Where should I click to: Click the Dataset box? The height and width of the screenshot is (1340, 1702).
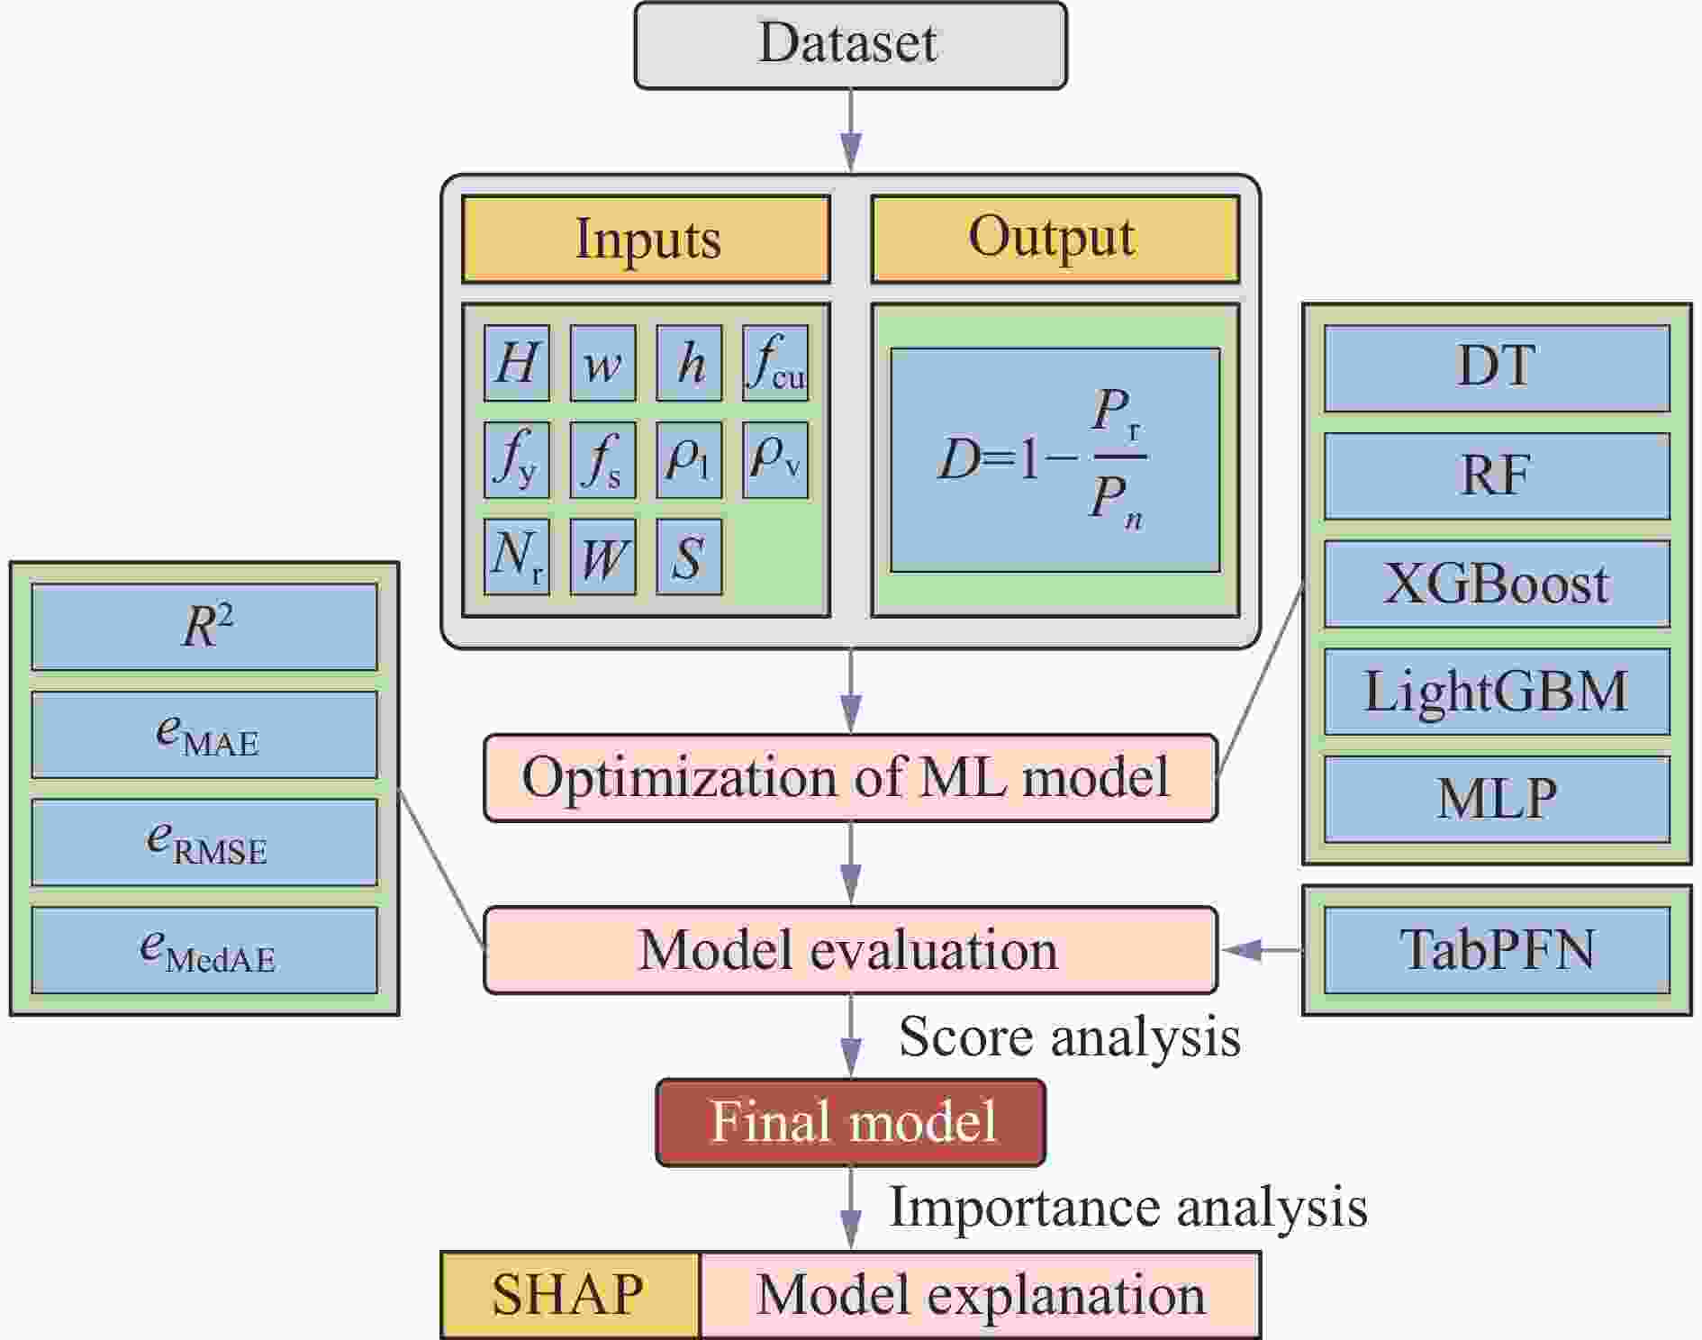[x=850, y=45]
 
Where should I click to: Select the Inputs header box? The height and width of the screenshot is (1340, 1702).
[x=646, y=240]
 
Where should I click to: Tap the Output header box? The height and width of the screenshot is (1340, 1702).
[x=1055, y=240]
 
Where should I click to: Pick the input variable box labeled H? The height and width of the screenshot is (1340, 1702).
[x=516, y=363]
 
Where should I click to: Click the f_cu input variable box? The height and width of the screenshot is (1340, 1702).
[x=775, y=363]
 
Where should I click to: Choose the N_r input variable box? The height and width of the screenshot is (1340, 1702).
[x=516, y=557]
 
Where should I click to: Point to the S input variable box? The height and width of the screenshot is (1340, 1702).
[x=689, y=557]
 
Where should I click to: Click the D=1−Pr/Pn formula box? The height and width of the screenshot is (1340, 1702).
[x=1055, y=459]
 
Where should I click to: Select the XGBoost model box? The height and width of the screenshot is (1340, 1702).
[x=1497, y=584]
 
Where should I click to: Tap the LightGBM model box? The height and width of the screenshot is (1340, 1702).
[x=1497, y=692]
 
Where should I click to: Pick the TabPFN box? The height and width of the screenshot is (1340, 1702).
[x=1497, y=950]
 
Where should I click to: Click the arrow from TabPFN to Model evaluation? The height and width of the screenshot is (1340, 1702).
[x=1262, y=950]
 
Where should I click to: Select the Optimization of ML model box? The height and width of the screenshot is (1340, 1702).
[x=850, y=778]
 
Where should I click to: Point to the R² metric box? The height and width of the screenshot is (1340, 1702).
[x=204, y=627]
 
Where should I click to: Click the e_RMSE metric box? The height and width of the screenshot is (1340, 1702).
[x=204, y=843]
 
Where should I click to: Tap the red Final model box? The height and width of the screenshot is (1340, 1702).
[x=850, y=1122]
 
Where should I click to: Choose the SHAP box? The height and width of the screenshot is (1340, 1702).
[x=569, y=1295]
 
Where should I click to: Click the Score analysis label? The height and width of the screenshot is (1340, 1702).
[x=1070, y=1037]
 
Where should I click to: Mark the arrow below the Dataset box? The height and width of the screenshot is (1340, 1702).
[x=850, y=131]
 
